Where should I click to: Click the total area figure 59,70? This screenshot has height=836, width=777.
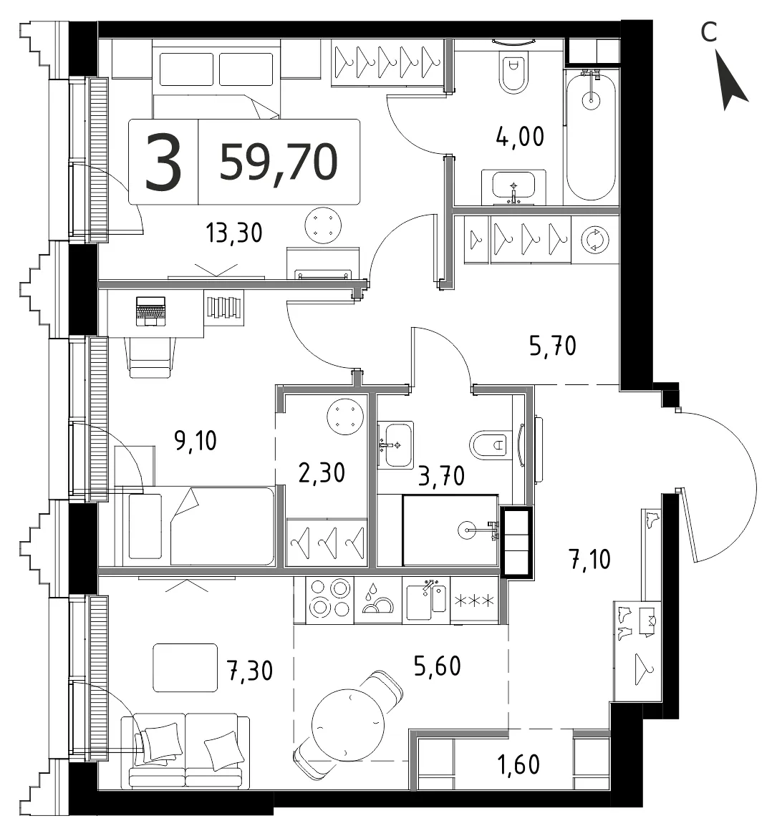click(279, 162)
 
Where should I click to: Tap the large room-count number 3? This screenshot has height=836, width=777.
click(163, 162)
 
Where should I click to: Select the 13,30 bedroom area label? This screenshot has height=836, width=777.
click(234, 233)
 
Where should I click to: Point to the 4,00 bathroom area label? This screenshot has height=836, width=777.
click(520, 137)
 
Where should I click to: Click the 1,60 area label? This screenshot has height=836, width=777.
click(518, 764)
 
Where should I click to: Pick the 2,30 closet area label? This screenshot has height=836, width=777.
click(322, 473)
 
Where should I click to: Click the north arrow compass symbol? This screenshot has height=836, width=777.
click(733, 80)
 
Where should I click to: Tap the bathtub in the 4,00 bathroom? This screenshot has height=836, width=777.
click(591, 137)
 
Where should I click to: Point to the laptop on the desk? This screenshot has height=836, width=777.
click(151, 311)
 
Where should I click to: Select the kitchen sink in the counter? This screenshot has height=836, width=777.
click(426, 601)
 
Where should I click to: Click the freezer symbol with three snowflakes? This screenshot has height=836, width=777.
click(474, 601)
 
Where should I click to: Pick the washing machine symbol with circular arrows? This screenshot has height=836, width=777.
click(594, 240)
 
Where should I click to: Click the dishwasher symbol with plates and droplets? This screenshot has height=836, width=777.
click(377, 600)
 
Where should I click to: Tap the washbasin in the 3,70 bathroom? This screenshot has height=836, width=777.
click(395, 445)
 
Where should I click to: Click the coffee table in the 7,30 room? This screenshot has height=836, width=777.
click(185, 668)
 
